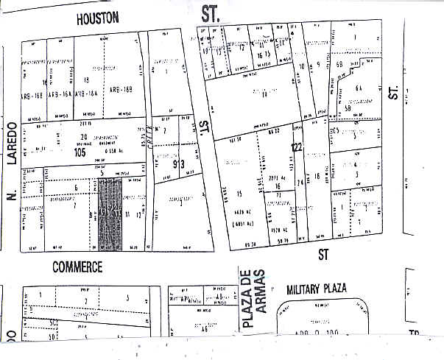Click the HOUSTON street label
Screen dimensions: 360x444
pyautogui.click(x=97, y=19)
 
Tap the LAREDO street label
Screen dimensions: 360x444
pyautogui.click(x=12, y=148)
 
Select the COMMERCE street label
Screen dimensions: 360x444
pyautogui.click(x=77, y=265)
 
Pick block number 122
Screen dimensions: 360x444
pyautogui.click(x=297, y=147)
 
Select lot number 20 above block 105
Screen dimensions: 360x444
pyautogui.click(x=84, y=138)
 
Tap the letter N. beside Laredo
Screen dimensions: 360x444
pyautogui.click(x=10, y=194)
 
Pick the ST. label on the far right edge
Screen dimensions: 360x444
pyautogui.click(x=394, y=91)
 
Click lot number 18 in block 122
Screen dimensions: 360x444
pyautogui.click(x=317, y=176)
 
